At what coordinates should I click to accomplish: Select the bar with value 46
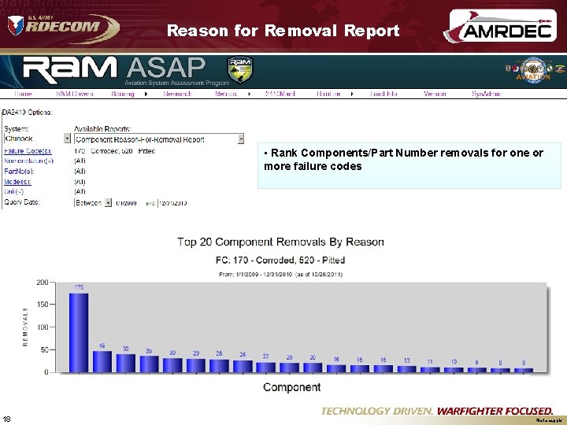pos(102,361)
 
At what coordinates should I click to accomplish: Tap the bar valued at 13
pos(407,368)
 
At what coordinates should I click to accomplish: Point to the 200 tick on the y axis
pos(42,281)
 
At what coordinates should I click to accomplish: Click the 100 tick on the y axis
pos(42,327)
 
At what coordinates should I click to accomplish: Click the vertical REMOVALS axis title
pos(24,327)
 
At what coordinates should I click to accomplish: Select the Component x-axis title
pos(291,387)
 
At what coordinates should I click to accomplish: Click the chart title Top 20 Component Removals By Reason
pos(280,242)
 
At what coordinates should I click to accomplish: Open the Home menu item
pos(23,94)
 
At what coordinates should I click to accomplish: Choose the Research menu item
pos(177,94)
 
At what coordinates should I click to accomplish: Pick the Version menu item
pos(435,94)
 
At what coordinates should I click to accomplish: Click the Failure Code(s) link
pos(28,150)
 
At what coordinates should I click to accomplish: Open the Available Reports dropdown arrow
pos(240,139)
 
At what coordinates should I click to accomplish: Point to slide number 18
pos(7,418)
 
